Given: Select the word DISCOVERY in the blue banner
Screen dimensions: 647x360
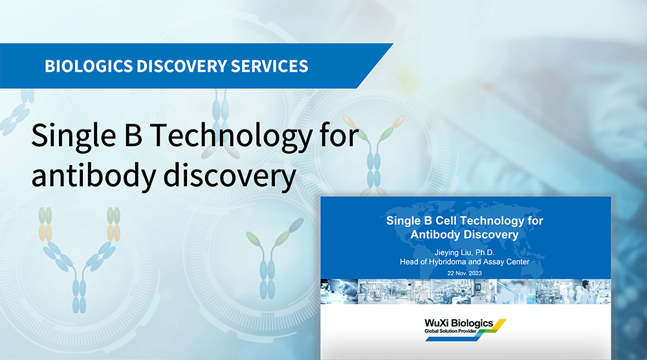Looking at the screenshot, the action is pos(182,66).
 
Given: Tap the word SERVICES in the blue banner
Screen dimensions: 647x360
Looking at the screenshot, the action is pos(269,66).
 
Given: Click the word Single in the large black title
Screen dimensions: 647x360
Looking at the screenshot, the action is pos(74,136).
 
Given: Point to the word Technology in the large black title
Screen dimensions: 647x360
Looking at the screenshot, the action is pos(231,136).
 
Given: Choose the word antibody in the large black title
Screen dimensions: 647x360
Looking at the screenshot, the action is pos(93,175).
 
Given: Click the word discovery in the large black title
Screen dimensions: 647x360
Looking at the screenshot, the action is pos(230,175).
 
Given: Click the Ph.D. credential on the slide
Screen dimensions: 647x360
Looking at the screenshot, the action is pos(485,253).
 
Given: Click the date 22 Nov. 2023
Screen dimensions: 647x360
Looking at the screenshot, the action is pos(464,273).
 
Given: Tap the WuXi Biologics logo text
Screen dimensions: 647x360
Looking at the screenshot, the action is pos(459,323).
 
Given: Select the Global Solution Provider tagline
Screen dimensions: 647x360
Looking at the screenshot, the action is pos(450,331).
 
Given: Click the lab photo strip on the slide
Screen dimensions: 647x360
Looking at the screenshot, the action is pos(465,291).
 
